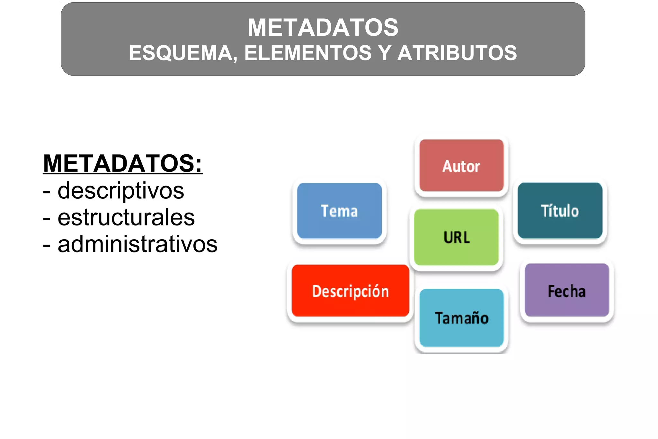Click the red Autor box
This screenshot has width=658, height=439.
click(x=461, y=166)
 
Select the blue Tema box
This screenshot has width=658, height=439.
click(x=339, y=211)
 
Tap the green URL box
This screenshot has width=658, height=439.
click(x=456, y=237)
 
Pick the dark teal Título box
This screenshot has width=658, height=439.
click(x=560, y=211)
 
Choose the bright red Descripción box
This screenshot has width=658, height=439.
click(x=350, y=291)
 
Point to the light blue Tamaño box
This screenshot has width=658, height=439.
click(x=461, y=318)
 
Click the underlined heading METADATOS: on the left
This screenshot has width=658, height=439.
click(x=122, y=163)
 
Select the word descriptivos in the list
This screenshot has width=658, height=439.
click(x=121, y=191)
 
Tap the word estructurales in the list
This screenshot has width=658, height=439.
click(x=126, y=217)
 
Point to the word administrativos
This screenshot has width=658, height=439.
click(x=138, y=244)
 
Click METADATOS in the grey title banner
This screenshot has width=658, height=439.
click(x=323, y=27)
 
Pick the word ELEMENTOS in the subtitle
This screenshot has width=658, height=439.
click(x=308, y=53)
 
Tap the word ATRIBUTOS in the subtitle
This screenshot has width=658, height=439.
click(x=457, y=53)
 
